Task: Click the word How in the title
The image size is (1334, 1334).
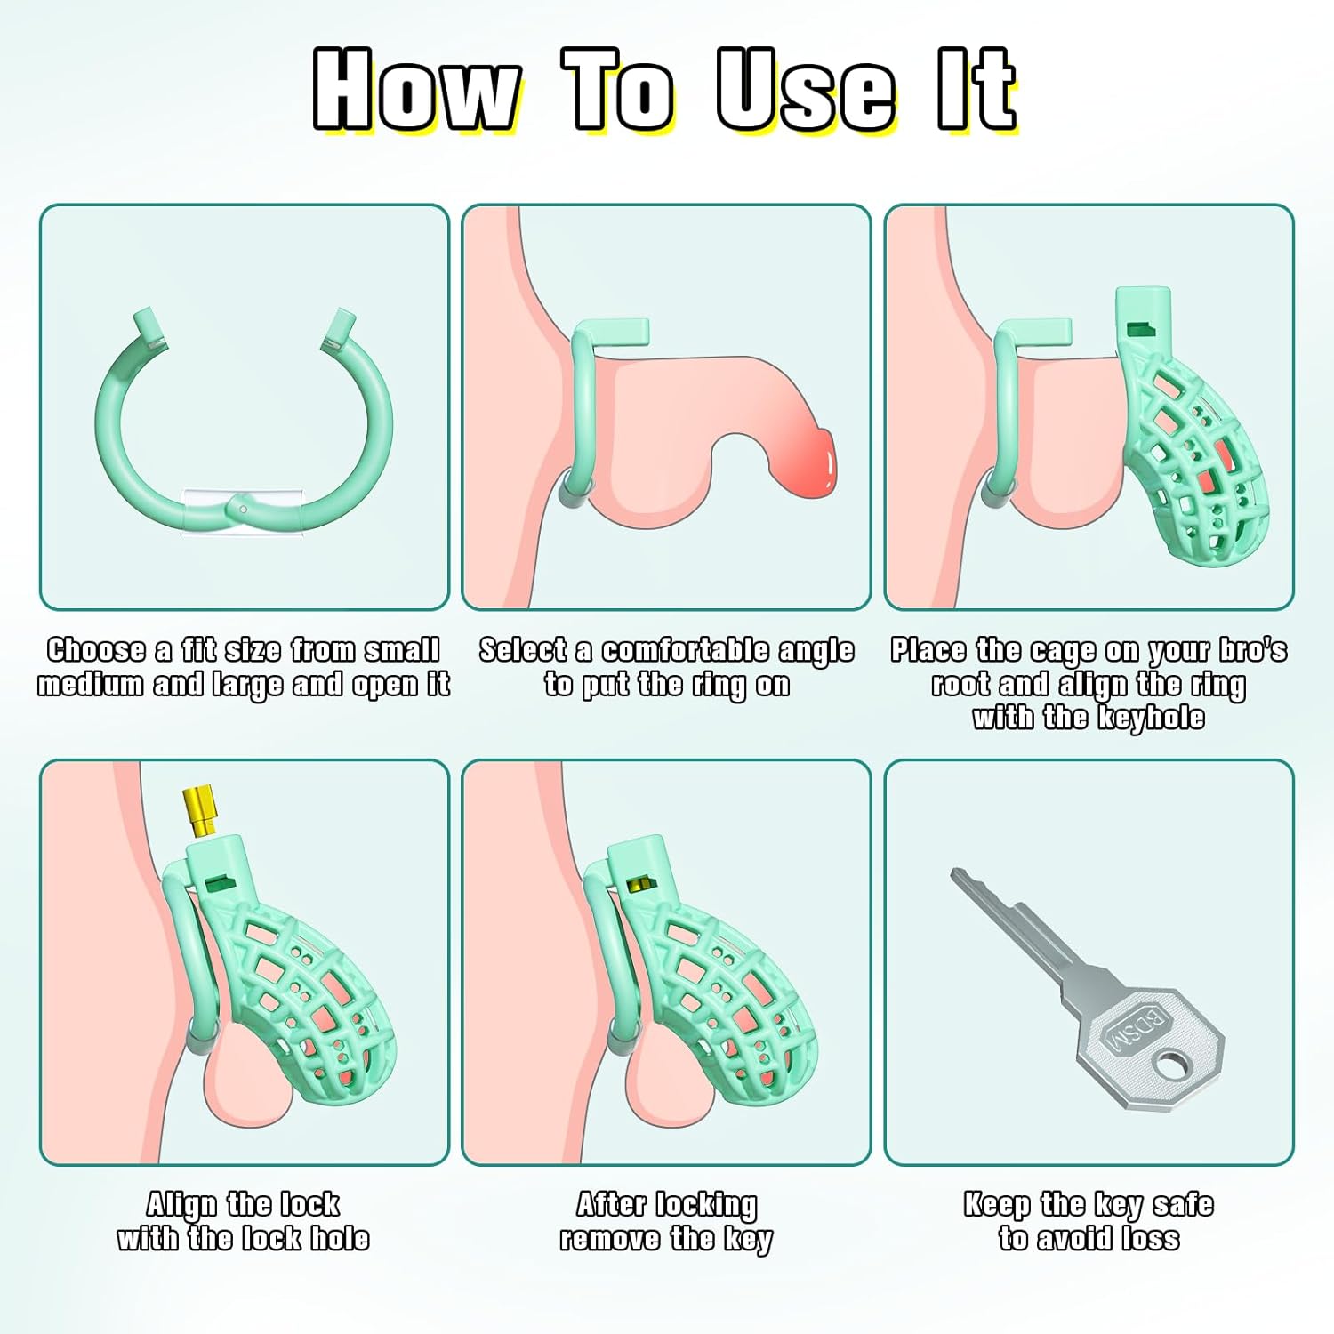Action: (x=416, y=89)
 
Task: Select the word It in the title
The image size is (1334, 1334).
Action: (x=976, y=89)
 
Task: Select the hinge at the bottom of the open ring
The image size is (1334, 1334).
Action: (x=242, y=510)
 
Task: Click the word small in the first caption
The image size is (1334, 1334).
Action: (x=402, y=649)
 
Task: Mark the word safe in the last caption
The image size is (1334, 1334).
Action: (x=1183, y=1204)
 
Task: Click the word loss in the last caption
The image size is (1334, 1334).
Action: (x=1150, y=1238)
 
